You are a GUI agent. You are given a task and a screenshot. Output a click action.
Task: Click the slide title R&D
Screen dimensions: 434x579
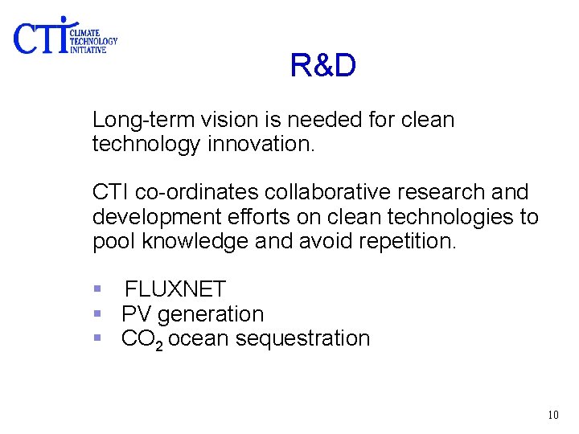(x=322, y=67)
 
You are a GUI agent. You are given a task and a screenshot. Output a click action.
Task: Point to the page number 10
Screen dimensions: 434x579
(x=552, y=415)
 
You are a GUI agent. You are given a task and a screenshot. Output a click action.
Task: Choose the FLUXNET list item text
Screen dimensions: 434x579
(x=175, y=289)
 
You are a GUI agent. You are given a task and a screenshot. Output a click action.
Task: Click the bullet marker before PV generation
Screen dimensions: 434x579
(x=97, y=314)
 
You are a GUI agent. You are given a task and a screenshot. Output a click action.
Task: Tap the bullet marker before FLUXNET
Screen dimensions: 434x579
(x=97, y=289)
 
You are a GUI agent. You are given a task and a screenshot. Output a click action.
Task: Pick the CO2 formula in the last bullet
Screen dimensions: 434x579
(x=142, y=339)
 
